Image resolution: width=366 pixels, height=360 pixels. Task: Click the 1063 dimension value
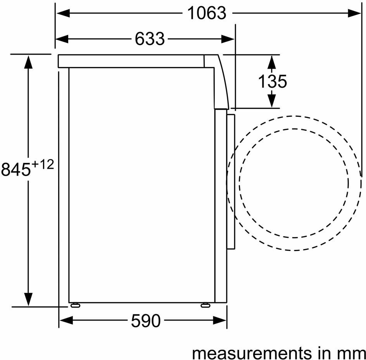click(x=207, y=13)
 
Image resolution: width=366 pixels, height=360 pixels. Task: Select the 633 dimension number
click(x=150, y=39)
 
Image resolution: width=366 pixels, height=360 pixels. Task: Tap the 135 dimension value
click(x=272, y=81)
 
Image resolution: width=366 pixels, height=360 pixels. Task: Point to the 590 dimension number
click(x=146, y=321)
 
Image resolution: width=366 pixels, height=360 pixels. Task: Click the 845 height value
click(x=16, y=169)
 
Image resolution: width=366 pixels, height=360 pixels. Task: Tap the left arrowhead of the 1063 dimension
click(x=63, y=13)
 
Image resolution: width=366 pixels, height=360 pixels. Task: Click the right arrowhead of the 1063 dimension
click(x=354, y=13)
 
